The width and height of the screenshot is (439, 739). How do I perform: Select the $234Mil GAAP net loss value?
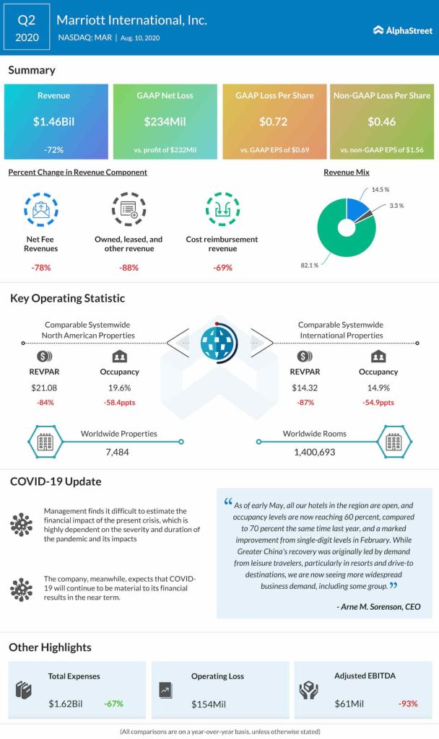[x=166, y=122]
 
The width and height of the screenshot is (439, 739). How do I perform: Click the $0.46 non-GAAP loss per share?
[x=381, y=122]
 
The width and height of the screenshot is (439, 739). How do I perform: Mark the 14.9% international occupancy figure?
[x=378, y=388]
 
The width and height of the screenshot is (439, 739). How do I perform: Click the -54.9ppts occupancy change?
[x=378, y=403]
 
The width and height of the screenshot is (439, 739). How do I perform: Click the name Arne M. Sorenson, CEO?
[x=378, y=607]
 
